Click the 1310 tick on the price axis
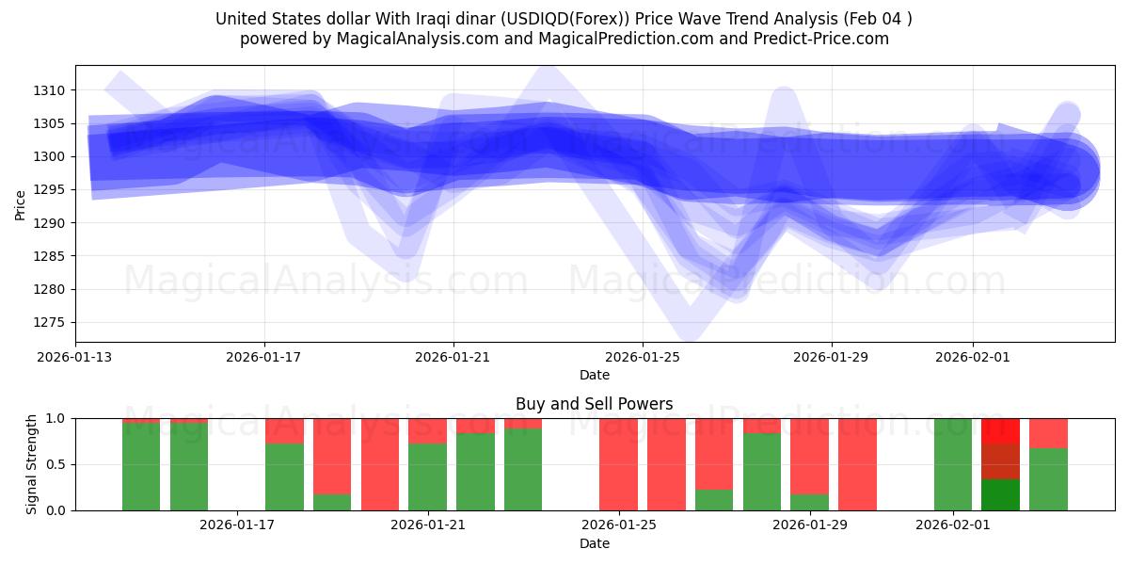53,90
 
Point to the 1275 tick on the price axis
53,322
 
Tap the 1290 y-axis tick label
53,223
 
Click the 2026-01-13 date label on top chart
75,357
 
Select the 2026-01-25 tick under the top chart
643,357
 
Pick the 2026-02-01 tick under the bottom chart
953,525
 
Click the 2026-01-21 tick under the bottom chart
428,525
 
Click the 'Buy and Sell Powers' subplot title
594,404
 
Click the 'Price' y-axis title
21,203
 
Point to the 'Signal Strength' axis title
32,464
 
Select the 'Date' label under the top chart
594,375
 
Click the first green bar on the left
141,466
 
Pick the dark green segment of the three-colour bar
1000,494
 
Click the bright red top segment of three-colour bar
1000,430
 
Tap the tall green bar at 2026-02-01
953,464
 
